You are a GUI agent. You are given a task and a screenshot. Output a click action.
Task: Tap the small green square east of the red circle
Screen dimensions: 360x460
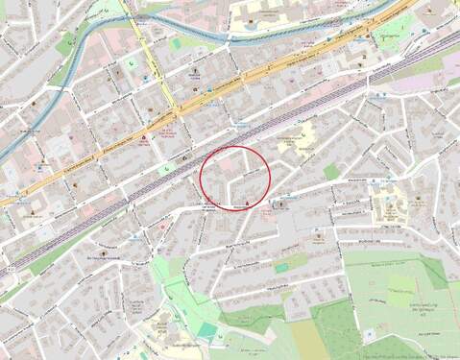[x=331, y=171]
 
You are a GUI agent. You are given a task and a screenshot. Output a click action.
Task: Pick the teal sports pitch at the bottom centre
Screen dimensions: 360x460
[x=207, y=329]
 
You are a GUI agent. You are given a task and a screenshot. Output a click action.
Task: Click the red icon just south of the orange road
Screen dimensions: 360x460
[x=144, y=139]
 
